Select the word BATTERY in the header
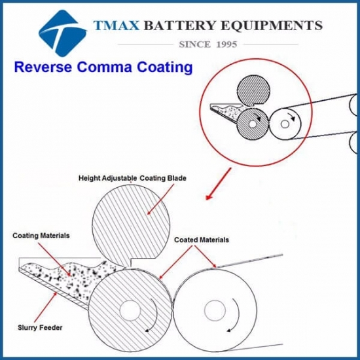point(186,26)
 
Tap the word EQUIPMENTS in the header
point(274,26)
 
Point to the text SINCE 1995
point(207,44)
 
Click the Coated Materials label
point(202,240)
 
